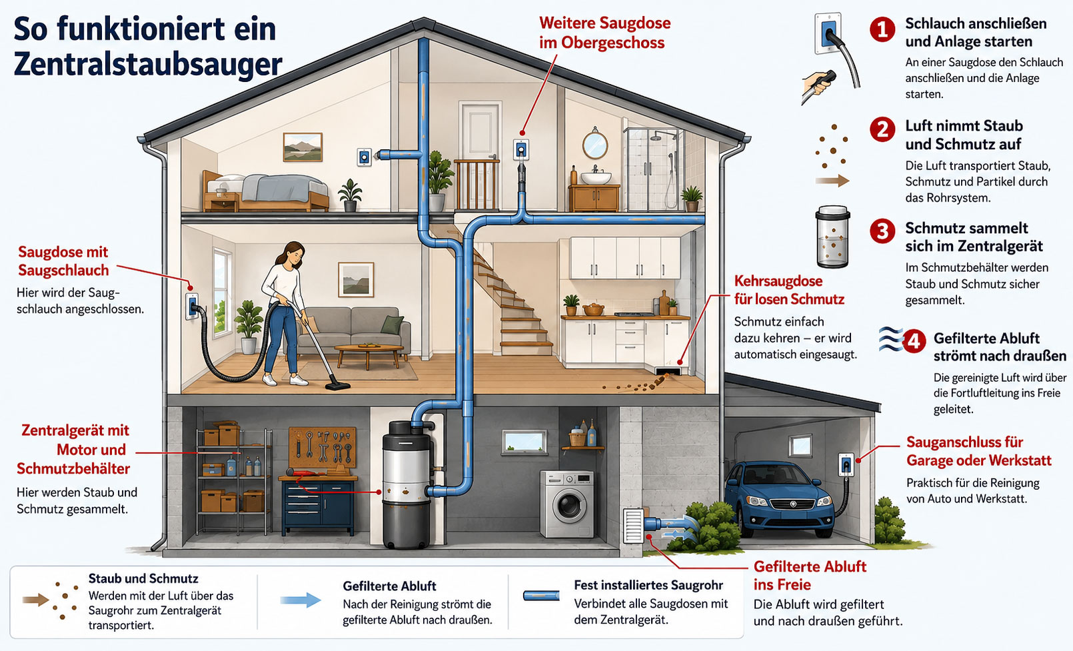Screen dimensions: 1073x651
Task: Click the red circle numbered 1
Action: [x=882, y=30]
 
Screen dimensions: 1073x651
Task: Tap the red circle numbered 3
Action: [x=882, y=231]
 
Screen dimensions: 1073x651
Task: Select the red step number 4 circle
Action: [x=914, y=342]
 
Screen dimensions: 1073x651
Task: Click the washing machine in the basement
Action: [x=567, y=504]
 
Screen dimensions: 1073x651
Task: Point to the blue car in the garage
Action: [x=780, y=499]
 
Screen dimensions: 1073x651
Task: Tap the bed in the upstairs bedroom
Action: [x=265, y=192]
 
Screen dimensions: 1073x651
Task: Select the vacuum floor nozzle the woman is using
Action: [x=337, y=385]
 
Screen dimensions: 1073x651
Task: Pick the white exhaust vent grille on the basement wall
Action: [x=633, y=526]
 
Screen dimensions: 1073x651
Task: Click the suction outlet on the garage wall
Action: [x=846, y=464]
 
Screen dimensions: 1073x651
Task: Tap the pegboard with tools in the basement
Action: [x=323, y=447]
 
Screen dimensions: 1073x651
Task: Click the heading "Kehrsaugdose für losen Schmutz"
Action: [x=789, y=291]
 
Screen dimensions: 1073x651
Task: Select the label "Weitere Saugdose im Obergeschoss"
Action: [x=604, y=33]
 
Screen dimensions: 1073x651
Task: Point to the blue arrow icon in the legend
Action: [x=301, y=600]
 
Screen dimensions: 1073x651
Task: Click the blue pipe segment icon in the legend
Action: [x=541, y=596]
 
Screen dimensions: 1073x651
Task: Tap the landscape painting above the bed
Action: [x=303, y=147]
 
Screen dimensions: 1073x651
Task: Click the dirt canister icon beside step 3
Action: [x=832, y=237]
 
